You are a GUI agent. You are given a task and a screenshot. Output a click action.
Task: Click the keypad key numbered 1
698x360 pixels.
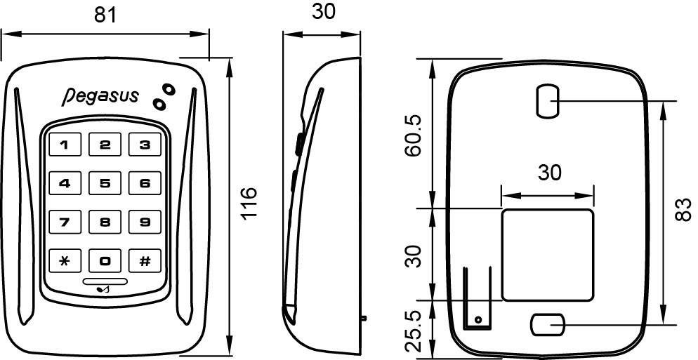pyautogui.click(x=65, y=146)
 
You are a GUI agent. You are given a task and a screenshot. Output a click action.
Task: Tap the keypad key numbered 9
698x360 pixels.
pyautogui.click(x=145, y=223)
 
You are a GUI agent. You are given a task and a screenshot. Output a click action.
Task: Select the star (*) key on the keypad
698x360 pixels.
pyautogui.click(x=65, y=262)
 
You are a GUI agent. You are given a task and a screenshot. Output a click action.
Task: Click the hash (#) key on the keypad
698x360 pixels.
pyautogui.click(x=145, y=262)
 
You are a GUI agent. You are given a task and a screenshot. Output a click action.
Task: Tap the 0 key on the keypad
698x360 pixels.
pyautogui.click(x=105, y=262)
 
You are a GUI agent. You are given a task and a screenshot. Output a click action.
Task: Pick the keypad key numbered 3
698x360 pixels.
pyautogui.click(x=145, y=146)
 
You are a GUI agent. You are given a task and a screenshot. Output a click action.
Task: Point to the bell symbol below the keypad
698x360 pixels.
pyautogui.click(x=105, y=288)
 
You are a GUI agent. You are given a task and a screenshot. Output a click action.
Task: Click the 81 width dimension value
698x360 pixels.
pyautogui.click(x=106, y=15)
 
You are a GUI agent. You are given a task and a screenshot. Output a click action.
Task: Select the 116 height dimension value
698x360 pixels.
pyautogui.click(x=249, y=204)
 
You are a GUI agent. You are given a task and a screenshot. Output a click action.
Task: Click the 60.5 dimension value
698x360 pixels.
pyautogui.click(x=414, y=134)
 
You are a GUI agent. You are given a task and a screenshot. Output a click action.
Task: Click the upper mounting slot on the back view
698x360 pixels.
pyautogui.click(x=548, y=102)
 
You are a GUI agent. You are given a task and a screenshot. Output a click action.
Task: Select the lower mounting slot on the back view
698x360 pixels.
pyautogui.click(x=547, y=325)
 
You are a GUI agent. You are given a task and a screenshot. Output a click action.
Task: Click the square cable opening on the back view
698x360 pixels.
pyautogui.click(x=547, y=253)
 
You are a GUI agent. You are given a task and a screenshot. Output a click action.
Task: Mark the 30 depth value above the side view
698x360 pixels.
pyautogui.click(x=322, y=12)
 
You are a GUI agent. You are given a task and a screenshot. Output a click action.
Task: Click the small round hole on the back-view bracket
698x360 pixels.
pyautogui.click(x=478, y=320)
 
